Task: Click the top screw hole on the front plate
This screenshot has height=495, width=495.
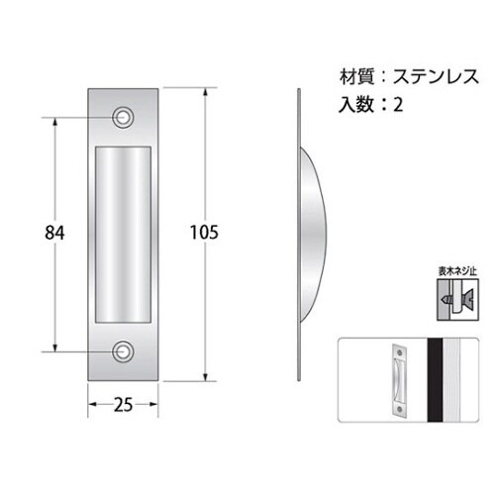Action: tap(124, 116)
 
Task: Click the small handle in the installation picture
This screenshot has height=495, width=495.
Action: tap(399, 379)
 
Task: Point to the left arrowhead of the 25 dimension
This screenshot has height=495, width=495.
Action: tap(92, 404)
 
